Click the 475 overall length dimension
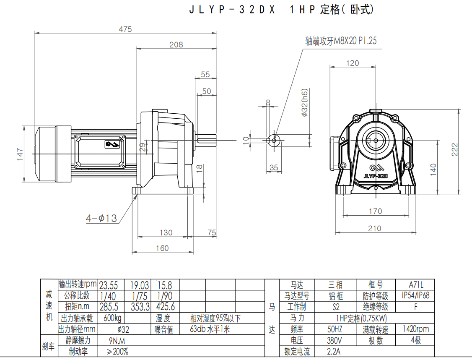coord(125,29)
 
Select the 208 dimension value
coord(176,44)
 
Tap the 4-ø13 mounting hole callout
coord(101,218)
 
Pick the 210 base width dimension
coord(374,228)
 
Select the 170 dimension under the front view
coord(375,211)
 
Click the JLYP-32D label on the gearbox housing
coord(375,177)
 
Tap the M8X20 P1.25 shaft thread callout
coord(341,41)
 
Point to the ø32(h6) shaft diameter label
coord(305,103)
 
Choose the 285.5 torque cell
coord(108,307)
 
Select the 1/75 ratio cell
coord(140,296)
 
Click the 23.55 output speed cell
coord(108,285)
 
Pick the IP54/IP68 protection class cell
coord(415,295)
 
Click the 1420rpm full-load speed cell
coord(415,329)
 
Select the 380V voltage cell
coord(335,340)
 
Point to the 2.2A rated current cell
coord(335,351)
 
